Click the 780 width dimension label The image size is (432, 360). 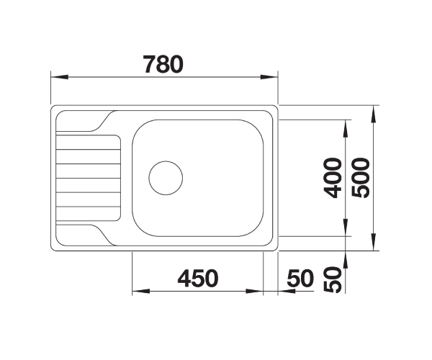coord(163,64)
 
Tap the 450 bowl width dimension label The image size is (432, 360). coord(198,278)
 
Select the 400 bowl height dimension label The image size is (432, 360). coord(333,178)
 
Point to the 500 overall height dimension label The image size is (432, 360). coord(361,178)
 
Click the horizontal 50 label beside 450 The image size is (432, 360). coord(300,278)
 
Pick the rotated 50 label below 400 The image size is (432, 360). coord(333,279)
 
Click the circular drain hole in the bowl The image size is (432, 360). coord(166,178)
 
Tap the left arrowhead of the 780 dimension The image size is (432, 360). coord(60,77)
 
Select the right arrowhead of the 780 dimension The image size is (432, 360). coord(269,77)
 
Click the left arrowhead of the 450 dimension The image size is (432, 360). coord(141,291)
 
